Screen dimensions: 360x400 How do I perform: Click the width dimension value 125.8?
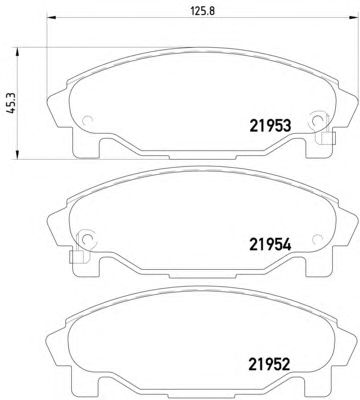[x=203, y=10]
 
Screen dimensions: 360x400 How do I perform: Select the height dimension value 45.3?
[x=12, y=103]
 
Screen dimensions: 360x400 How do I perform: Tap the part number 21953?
[x=270, y=126]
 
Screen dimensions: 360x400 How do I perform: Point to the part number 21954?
[x=270, y=245]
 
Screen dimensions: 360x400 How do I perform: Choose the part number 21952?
[x=269, y=364]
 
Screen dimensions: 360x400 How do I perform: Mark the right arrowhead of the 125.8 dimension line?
[x=353, y=17]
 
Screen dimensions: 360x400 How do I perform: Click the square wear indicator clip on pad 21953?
[x=328, y=138]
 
